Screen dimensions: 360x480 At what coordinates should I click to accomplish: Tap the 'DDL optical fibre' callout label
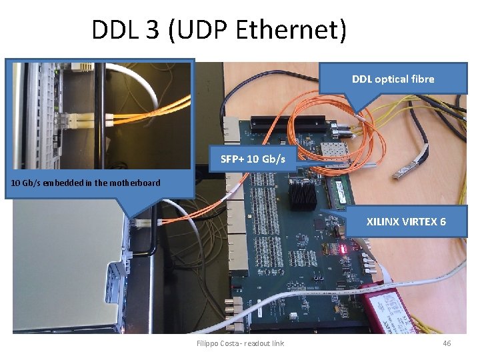(x=393, y=79)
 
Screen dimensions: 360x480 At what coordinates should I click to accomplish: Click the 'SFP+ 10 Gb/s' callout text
(x=253, y=159)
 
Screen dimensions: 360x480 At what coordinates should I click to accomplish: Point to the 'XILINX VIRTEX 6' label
(x=406, y=221)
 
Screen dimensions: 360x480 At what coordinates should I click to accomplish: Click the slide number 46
(x=447, y=343)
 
